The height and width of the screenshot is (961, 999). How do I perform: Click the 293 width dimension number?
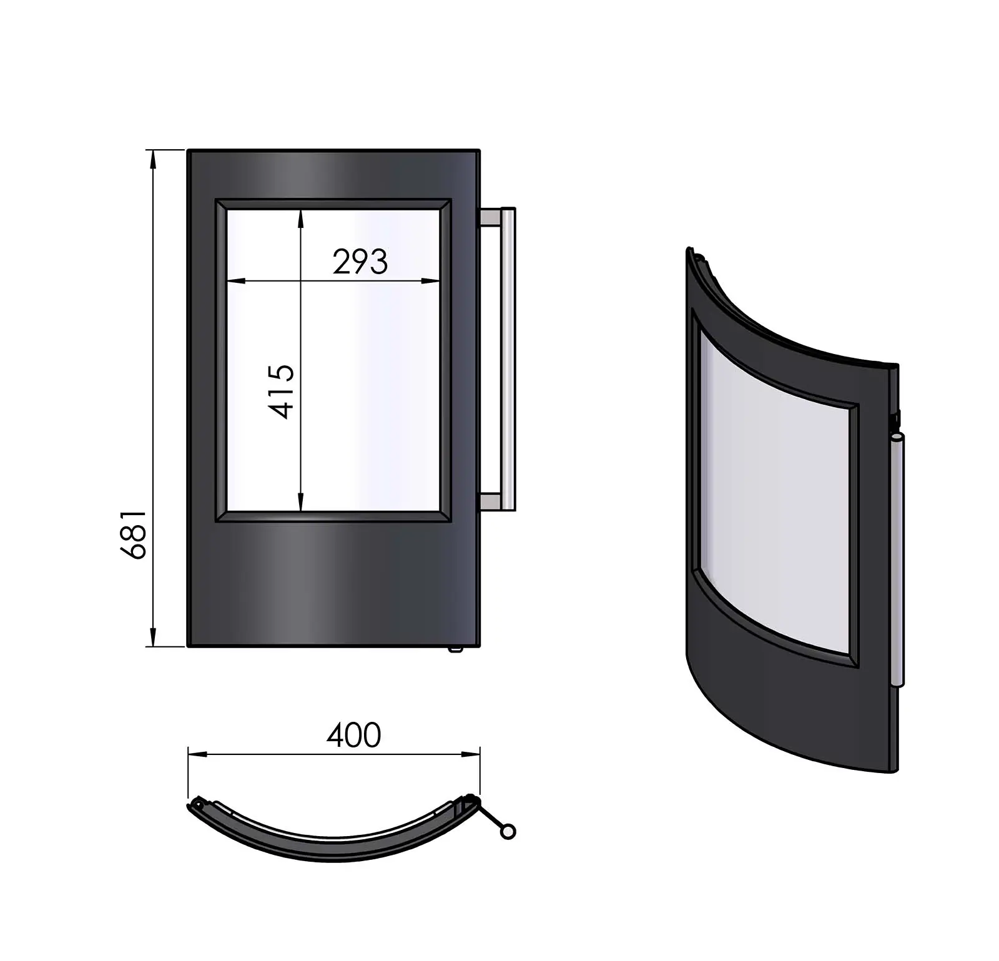pos(360,262)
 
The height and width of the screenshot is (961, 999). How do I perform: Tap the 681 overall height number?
pos(133,535)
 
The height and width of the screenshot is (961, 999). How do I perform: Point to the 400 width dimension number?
pos(353,735)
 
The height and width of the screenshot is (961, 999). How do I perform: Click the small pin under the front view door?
pos(455,649)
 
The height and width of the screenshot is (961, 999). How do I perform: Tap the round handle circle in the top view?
pos(508,832)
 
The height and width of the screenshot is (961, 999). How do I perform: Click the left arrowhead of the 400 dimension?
pos(197,754)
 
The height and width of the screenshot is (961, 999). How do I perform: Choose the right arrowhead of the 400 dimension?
pos(471,754)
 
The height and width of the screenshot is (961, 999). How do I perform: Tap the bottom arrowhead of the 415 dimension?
pos(301,503)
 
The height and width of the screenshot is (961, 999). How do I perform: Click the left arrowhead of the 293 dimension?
pos(235,281)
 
